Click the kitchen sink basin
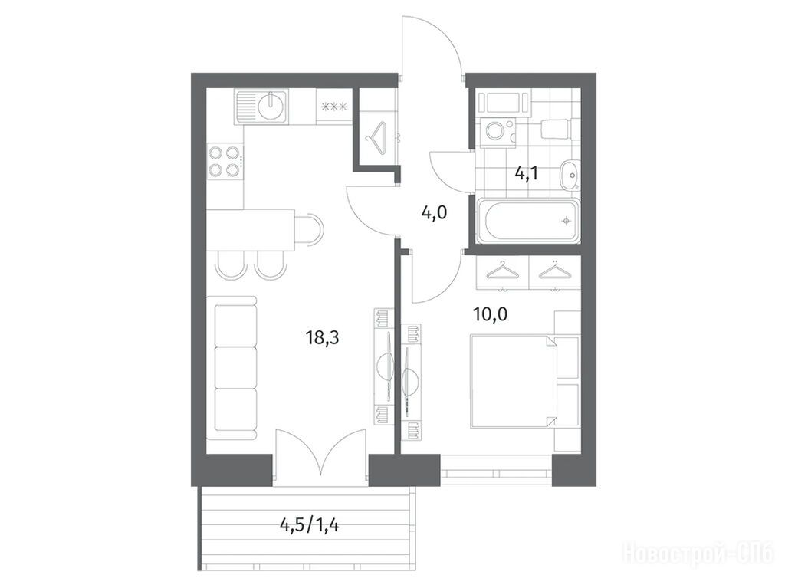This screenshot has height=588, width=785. [x=271, y=107]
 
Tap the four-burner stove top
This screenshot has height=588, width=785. [x=225, y=161]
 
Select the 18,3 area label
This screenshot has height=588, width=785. [x=323, y=338]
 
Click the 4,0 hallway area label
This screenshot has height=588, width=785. [x=434, y=213]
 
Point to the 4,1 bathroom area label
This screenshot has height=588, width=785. [x=526, y=174]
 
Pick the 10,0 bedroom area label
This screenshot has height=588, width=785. [x=490, y=314]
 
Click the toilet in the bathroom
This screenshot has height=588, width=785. [x=555, y=130]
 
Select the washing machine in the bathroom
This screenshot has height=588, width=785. [x=498, y=132]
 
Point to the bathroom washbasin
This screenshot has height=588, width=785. [x=570, y=175]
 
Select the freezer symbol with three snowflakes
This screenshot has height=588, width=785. [x=334, y=107]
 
